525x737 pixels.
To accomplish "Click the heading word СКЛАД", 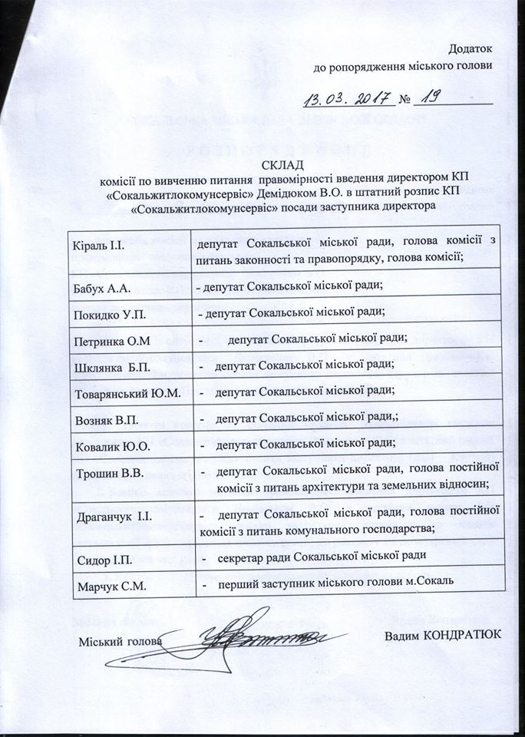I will point(284,164).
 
